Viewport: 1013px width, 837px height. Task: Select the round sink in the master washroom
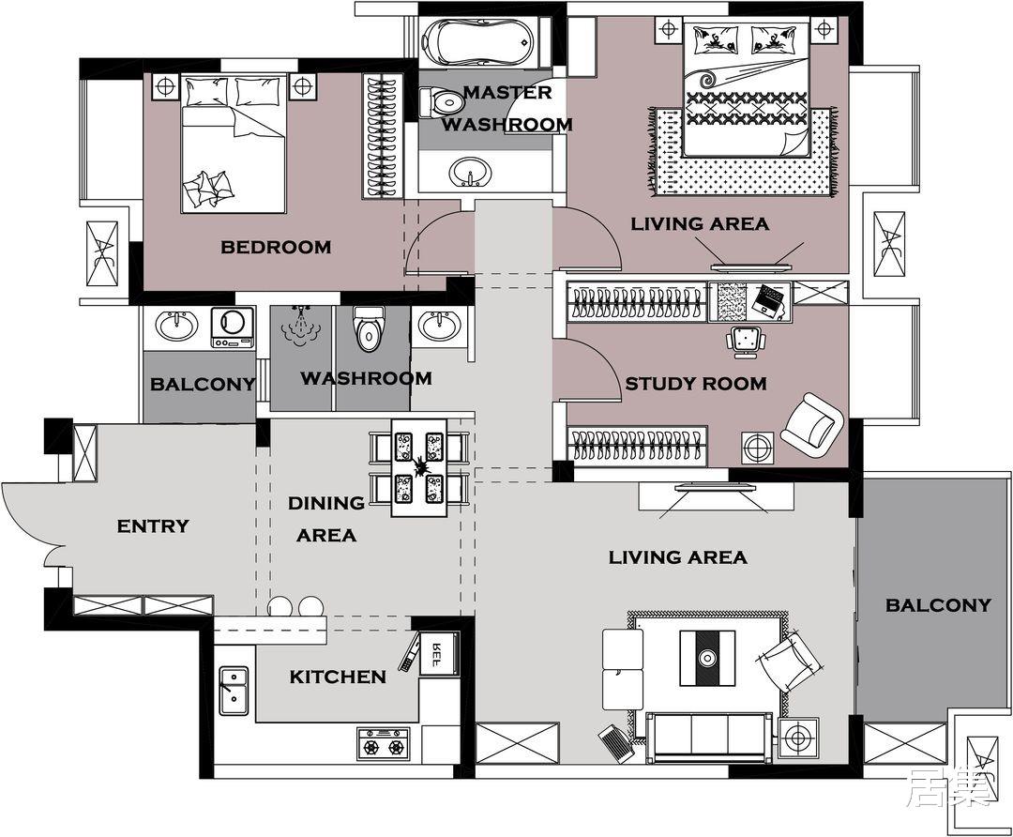click(x=470, y=172)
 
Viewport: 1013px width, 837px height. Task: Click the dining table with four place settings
click(x=418, y=467)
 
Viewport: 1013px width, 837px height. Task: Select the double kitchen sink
click(x=234, y=691)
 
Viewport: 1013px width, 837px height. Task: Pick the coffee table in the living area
click(x=707, y=658)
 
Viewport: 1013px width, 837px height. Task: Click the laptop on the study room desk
click(x=770, y=299)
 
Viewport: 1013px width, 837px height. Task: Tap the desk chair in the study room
click(x=747, y=342)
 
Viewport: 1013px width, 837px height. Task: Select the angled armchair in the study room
click(x=812, y=420)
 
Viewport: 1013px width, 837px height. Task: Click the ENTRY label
click(x=153, y=526)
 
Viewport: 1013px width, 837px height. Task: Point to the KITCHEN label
click(x=338, y=677)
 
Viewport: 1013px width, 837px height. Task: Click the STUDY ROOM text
click(x=696, y=384)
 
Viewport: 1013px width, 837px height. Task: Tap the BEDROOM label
click(x=276, y=247)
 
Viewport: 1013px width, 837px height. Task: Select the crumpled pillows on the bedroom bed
click(x=207, y=189)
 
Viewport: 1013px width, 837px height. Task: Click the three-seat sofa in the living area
click(x=709, y=738)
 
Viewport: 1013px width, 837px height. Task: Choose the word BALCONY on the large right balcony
click(x=938, y=605)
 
